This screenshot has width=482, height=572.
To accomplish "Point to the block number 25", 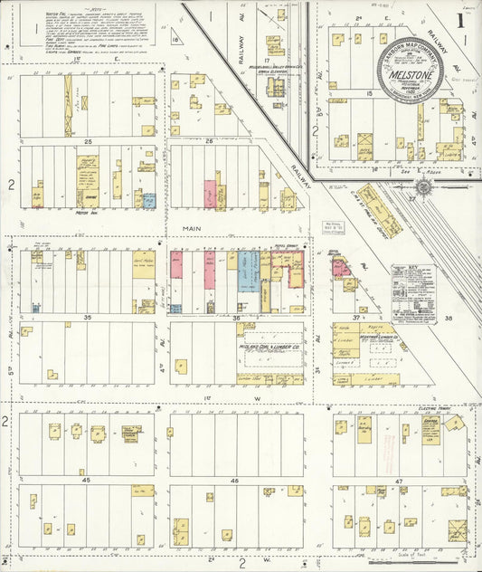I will pos(88,141).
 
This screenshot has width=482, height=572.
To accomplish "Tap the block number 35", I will pos(88,317).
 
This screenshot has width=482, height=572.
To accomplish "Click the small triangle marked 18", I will pos(175,39).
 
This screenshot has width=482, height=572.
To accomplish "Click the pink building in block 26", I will pos(210,195).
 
